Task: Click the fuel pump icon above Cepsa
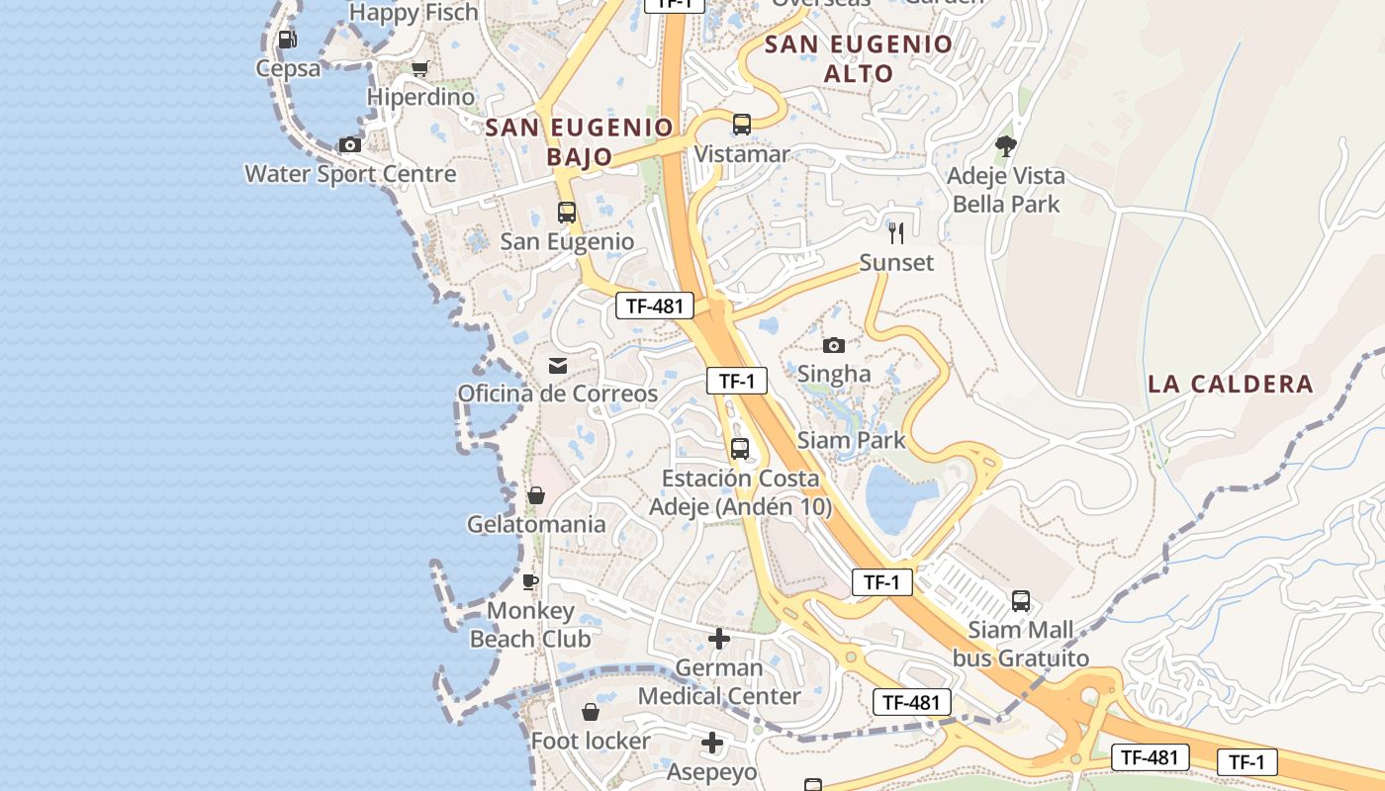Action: [x=287, y=40]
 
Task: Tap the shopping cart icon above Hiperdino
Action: [x=420, y=68]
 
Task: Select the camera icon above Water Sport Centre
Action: [x=349, y=145]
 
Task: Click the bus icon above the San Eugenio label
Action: [x=567, y=212]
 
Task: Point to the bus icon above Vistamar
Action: [x=742, y=125]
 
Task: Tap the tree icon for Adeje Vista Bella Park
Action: [x=1006, y=146]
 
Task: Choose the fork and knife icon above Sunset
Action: [x=896, y=233]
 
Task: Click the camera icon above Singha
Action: [x=834, y=345]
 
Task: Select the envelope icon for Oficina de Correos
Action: [x=558, y=366]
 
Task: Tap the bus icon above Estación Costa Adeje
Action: [x=740, y=449]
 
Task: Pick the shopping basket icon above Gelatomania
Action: [x=536, y=494]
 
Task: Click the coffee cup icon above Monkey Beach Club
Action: [x=530, y=580]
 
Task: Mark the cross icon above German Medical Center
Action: [x=719, y=639]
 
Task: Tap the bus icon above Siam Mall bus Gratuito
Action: [x=1021, y=600]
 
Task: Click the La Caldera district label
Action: [x=1231, y=384]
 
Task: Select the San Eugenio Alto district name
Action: [x=859, y=58]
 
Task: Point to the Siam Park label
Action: [x=851, y=440]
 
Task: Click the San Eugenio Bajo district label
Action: [x=580, y=141]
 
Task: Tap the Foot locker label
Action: [x=591, y=741]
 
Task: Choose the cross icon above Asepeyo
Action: [x=712, y=743]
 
